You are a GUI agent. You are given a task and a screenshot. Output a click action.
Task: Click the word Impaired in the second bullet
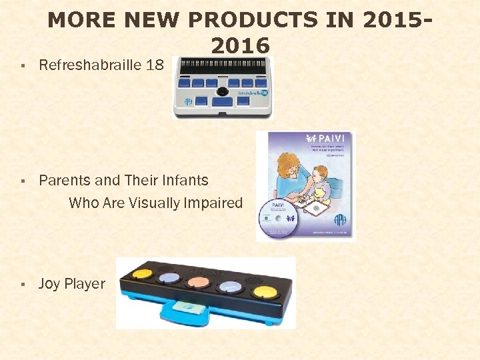pos(213,203)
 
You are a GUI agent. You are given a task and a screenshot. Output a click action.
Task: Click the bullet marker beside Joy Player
pos(23,285)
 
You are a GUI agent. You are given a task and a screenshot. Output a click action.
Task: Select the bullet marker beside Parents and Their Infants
pos(23,181)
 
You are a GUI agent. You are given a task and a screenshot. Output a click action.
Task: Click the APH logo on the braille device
pos(189,101)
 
